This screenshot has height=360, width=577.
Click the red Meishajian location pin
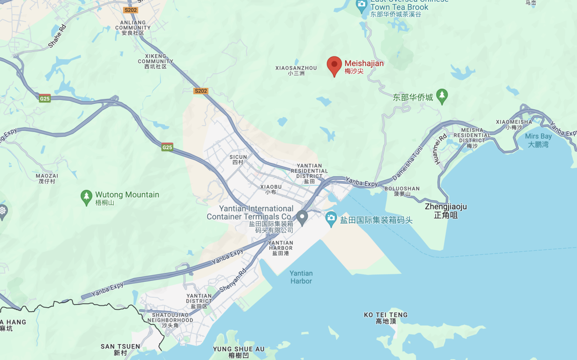click(334, 66)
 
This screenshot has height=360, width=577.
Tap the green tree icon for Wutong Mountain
click(87, 198)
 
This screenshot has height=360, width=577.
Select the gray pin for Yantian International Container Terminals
click(301, 217)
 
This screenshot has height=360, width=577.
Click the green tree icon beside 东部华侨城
click(442, 96)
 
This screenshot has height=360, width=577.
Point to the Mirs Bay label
click(538, 140)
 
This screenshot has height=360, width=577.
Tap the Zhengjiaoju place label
click(445, 210)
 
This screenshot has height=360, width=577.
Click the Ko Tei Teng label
click(386, 318)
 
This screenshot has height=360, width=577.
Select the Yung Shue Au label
click(239, 352)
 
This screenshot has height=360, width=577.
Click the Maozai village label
click(47, 178)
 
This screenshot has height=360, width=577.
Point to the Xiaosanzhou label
click(296, 70)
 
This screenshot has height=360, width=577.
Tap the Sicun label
click(238, 159)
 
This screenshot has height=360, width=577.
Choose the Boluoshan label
click(402, 191)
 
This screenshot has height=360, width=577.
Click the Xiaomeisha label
click(514, 124)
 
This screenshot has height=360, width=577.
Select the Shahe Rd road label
click(57, 36)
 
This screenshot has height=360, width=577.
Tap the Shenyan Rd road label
click(233, 280)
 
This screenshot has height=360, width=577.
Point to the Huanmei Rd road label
click(440, 149)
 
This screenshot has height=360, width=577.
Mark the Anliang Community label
click(133, 27)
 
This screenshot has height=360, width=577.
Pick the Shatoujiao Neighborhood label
click(170, 320)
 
